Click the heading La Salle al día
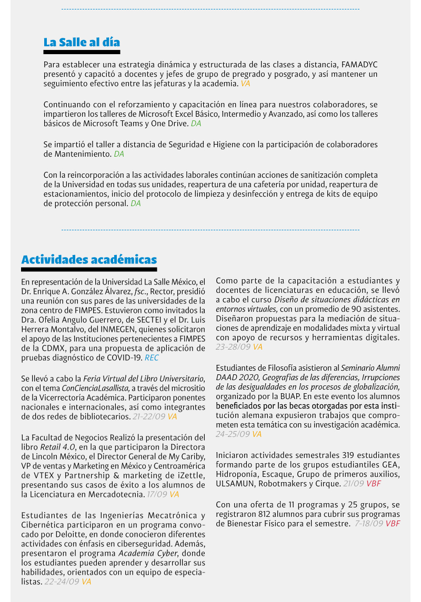pos(82,42)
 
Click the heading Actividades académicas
pos(89,260)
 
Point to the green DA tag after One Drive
pos(196,124)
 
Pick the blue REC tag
pos(152,358)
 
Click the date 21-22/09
pos(149,416)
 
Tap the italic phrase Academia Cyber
pos(147,554)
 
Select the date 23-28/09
pos(233,347)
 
